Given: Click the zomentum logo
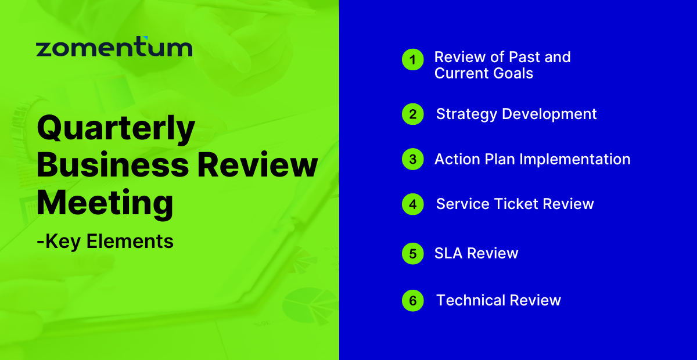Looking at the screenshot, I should (114, 48).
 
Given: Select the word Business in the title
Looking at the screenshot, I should (113, 166).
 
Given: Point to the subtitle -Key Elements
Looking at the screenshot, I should (105, 241).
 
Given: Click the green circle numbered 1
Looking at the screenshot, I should (413, 60).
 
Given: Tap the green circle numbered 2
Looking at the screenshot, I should (413, 114).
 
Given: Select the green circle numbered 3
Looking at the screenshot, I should (413, 159).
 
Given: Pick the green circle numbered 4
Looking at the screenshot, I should (413, 204).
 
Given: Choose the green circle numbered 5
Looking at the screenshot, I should (413, 254).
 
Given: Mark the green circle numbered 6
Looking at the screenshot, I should (413, 300).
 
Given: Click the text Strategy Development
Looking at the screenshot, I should (516, 114).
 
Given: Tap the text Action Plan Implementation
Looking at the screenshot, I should (532, 159).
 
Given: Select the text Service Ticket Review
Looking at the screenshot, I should (515, 204).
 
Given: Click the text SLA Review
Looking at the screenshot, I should (476, 254).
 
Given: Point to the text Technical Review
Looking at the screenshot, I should (498, 300).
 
